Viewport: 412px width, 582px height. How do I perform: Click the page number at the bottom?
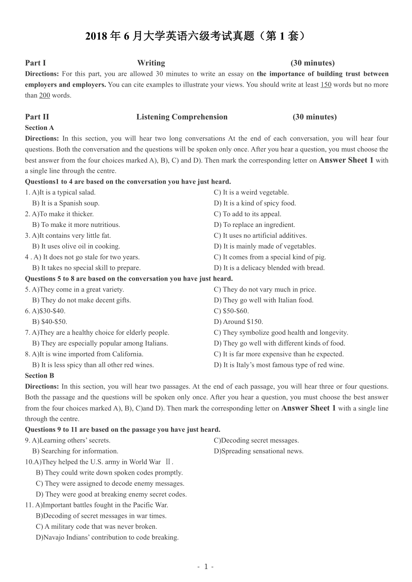[x=206, y=566]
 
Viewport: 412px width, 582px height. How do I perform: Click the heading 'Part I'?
[x=36, y=63]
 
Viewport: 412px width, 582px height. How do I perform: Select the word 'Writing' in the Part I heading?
[x=151, y=63]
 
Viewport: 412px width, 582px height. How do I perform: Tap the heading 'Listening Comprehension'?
[x=182, y=117]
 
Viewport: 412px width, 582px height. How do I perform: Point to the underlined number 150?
[x=326, y=85]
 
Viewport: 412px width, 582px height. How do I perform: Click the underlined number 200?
[x=45, y=96]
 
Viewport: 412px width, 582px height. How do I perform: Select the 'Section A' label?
[x=39, y=128]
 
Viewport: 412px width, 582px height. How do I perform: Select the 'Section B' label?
[x=39, y=376]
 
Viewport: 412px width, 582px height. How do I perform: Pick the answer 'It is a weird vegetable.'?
[x=251, y=193]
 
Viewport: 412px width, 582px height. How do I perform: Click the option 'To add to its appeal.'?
[x=248, y=214]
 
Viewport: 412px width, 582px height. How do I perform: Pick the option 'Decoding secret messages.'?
[x=256, y=440]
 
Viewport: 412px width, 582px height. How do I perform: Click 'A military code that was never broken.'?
[x=97, y=527]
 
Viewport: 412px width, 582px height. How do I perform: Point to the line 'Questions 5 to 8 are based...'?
[x=129, y=279]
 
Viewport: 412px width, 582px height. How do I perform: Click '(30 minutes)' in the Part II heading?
[x=314, y=117]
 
